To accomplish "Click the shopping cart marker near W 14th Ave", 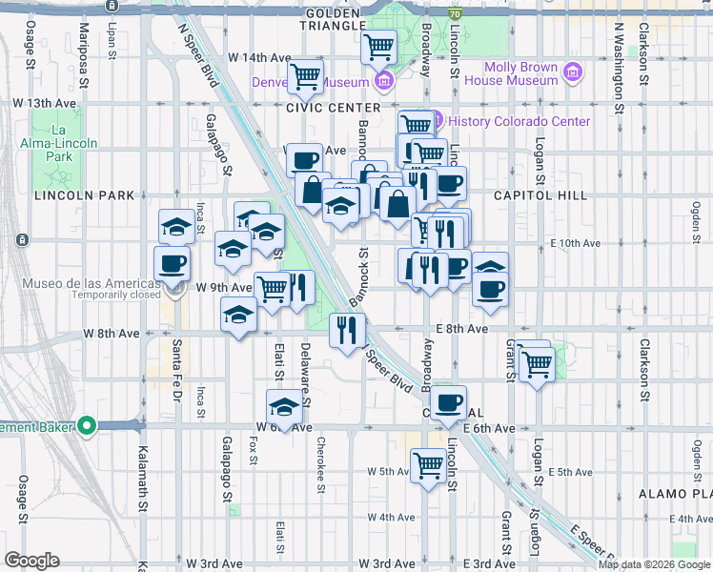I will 305,74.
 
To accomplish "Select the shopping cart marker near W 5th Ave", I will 429,465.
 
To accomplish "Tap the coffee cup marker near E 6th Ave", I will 448,401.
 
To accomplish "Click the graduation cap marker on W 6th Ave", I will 283,407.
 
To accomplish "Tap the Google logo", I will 31,561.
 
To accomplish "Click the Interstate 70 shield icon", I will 457,15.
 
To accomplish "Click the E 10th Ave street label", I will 575,243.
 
